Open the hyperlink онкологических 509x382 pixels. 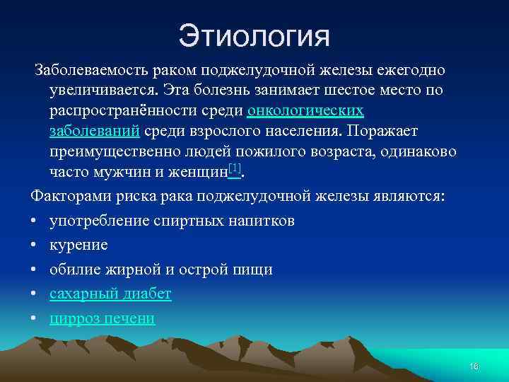pyautogui.click(x=305, y=112)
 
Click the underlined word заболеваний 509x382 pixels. pyautogui.click(x=93, y=132)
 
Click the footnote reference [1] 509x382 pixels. pyautogui.click(x=235, y=168)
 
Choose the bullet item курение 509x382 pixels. pyautogui.click(x=78, y=245)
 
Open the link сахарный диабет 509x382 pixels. pyautogui.click(x=110, y=294)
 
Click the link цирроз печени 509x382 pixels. pyautogui.click(x=102, y=318)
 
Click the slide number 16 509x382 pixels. pyautogui.click(x=474, y=366)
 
